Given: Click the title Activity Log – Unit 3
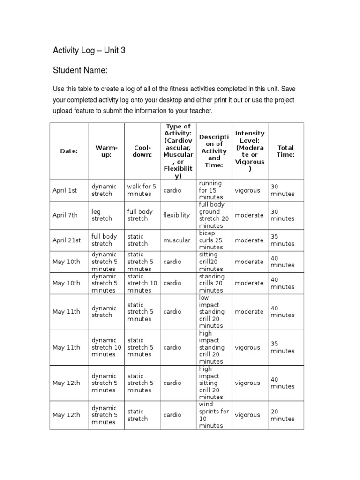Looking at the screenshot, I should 89,51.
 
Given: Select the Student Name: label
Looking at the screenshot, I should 80,71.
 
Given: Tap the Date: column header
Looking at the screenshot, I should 69,151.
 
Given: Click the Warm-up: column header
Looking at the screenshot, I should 106,151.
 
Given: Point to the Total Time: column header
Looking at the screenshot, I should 285,151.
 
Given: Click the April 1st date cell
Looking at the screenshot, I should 65,190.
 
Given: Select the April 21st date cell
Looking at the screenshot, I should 67,240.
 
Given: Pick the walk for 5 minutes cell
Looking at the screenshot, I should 142,190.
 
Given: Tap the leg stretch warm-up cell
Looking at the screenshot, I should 102,215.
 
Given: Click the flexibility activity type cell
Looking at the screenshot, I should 176,215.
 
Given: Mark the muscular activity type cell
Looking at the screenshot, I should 177,240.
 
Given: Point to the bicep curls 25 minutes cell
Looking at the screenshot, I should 211,240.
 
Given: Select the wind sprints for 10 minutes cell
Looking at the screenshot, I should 214,415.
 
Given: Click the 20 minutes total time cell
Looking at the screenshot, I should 283,415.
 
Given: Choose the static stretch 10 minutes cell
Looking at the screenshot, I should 142,283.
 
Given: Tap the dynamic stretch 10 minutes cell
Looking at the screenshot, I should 106,347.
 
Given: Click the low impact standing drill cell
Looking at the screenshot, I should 212,312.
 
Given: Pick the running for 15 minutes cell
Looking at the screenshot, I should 210,190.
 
